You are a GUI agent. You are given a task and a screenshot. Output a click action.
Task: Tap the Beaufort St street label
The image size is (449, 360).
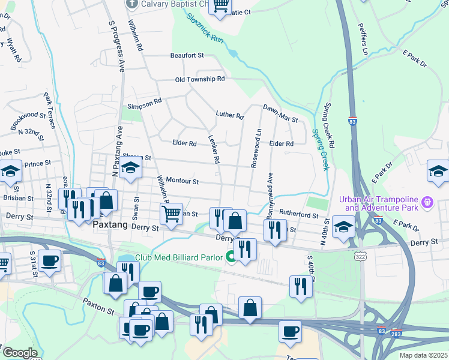click(x=187, y=55)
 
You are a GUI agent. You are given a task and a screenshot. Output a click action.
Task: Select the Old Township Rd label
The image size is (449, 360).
click(x=200, y=79)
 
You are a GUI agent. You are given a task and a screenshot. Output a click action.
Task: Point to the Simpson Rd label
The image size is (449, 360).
click(x=145, y=107)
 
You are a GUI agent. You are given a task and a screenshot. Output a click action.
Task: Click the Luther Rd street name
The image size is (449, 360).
click(x=230, y=115)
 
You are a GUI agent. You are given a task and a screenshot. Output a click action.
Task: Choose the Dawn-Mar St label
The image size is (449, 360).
click(x=280, y=113)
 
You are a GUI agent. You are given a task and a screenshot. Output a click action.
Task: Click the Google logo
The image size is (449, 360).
click(x=19, y=353)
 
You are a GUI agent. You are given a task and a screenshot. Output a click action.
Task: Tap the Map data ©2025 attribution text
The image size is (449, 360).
click(x=423, y=355)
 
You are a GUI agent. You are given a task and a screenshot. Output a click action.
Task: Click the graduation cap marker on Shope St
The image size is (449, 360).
click(x=130, y=169)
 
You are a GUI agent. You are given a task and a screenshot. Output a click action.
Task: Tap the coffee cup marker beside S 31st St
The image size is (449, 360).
click(x=50, y=261)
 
